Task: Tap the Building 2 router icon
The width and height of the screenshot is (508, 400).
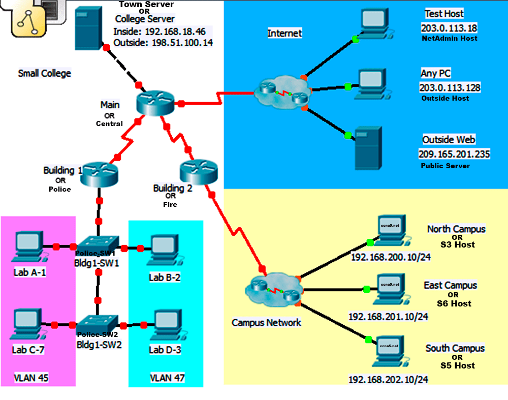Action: pos(198,171)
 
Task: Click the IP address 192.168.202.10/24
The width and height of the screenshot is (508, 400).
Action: pos(388,380)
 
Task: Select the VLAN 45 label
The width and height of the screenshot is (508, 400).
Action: pos(30,378)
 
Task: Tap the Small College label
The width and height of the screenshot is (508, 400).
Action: pos(45,73)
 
